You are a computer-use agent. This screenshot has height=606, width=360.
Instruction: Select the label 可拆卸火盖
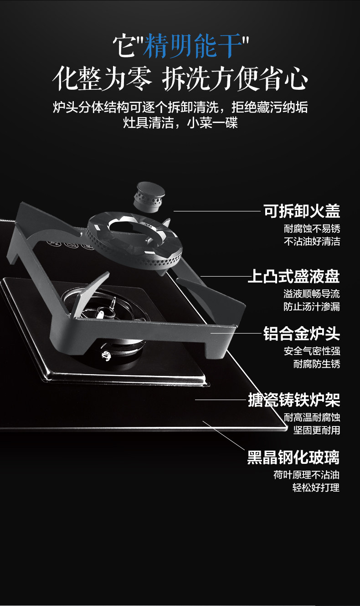point(302,211)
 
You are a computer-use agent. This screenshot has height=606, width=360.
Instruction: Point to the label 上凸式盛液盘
point(294,277)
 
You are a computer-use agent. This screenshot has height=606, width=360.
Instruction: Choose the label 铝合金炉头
point(302,334)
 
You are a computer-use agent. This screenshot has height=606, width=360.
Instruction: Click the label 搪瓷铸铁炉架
point(294,400)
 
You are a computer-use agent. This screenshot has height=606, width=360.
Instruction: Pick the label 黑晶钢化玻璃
point(293,457)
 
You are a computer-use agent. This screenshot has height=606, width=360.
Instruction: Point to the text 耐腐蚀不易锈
point(312,228)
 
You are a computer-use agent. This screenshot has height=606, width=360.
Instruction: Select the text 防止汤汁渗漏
point(312,307)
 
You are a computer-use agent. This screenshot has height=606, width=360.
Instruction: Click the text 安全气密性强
point(312,351)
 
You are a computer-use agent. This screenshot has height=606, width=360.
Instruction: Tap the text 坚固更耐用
point(317,430)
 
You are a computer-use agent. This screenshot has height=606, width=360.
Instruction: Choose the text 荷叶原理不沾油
point(306,475)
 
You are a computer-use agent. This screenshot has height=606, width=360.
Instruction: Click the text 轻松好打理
point(317,488)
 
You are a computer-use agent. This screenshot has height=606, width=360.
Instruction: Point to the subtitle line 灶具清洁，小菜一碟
point(180,123)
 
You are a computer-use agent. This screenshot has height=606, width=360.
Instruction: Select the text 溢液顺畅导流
point(312,294)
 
